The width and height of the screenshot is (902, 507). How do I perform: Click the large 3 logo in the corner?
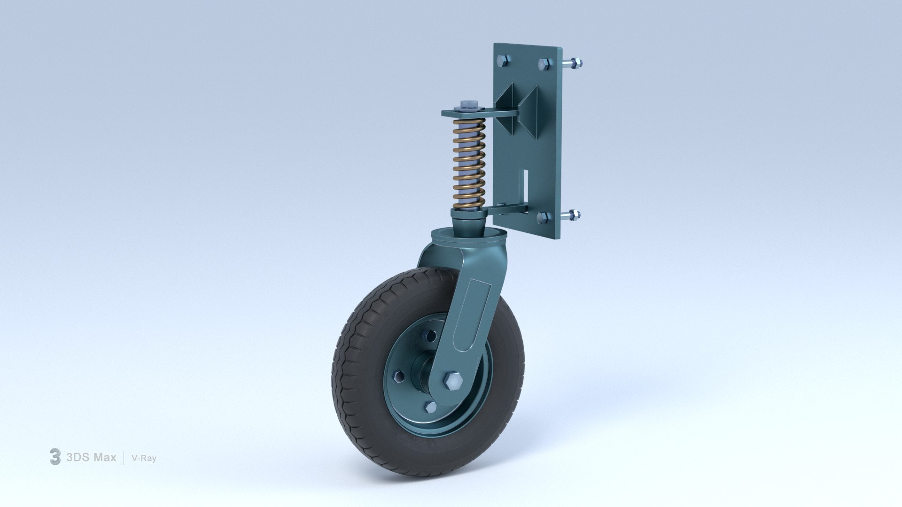click(55, 457)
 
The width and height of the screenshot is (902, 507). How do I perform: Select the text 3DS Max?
click(91, 457)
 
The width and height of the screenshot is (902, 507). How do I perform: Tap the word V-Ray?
click(144, 458)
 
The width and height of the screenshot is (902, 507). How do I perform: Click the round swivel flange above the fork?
click(469, 235)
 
